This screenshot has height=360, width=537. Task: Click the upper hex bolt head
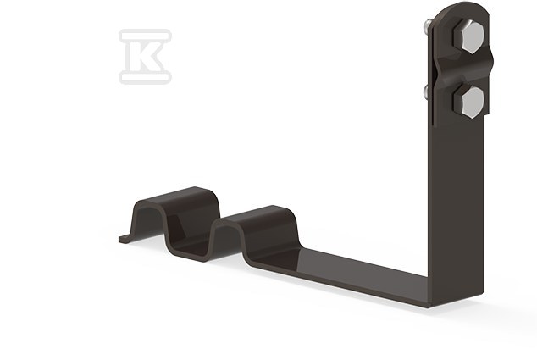coord(468,36)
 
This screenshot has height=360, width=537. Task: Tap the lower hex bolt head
coord(468,102)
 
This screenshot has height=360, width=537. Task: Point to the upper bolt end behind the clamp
coord(428,25)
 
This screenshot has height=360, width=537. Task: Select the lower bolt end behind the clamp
coord(427,92)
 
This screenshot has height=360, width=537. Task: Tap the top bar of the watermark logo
coord(145,36)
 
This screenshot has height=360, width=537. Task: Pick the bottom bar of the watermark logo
coord(145,77)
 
